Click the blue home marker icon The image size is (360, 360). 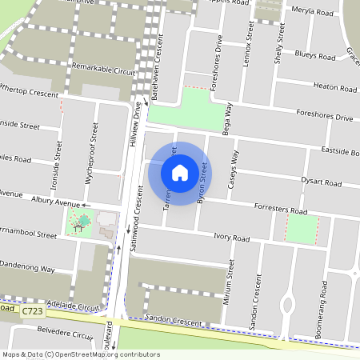180,173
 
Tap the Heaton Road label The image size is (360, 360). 335,86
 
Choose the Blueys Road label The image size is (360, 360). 314,57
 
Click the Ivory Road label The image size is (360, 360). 232,238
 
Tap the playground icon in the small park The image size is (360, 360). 78,226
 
